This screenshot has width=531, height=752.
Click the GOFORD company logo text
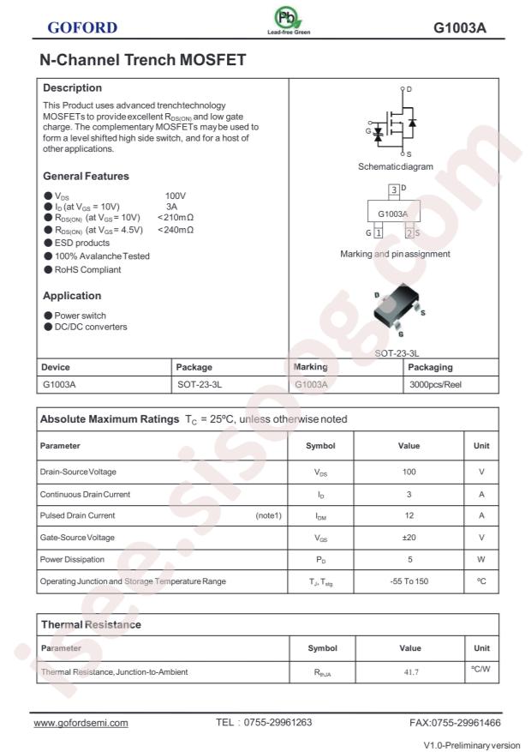coord(82,27)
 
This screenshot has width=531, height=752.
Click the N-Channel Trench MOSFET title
coord(143,60)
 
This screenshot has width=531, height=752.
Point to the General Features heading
coord(86,176)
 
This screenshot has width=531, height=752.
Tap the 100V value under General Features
coord(176,196)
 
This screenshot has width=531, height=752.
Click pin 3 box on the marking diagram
coord(393,189)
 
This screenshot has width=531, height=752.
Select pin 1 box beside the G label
coord(378,233)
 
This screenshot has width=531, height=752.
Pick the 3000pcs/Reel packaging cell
coord(436,385)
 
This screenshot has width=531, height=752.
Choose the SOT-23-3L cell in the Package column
coord(205,385)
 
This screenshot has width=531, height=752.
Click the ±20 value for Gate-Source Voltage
coord(409,538)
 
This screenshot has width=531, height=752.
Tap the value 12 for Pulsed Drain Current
coord(409,515)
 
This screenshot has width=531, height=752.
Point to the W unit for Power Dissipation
coord(481,560)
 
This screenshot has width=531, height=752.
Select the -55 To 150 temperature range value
coord(409,581)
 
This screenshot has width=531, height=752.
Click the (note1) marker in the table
coord(268,515)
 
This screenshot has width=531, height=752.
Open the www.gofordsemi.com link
coord(81,723)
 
